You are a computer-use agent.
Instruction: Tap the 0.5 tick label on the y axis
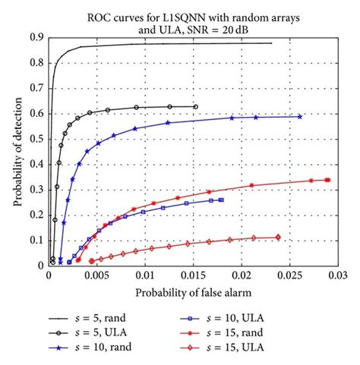[x=35, y=139]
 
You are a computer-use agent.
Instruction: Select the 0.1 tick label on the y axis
[x=35, y=240]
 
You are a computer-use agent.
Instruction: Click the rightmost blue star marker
[x=300, y=116]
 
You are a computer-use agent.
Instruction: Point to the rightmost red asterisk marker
[x=327, y=180]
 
